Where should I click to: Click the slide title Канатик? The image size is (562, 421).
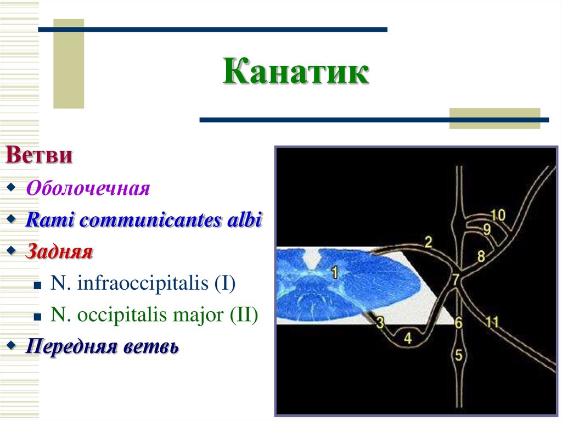pyautogui.click(x=296, y=73)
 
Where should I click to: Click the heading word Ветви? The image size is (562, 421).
pyautogui.click(x=39, y=155)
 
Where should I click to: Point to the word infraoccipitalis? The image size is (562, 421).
pyautogui.click(x=148, y=284)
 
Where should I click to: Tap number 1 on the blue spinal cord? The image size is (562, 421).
pyautogui.click(x=334, y=271)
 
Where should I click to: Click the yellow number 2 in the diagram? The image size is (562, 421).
pyautogui.click(x=428, y=242)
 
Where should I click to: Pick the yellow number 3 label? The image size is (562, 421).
pyautogui.click(x=380, y=322)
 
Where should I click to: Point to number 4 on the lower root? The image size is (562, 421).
pyautogui.click(x=407, y=338)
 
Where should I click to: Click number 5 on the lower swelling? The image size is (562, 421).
pyautogui.click(x=459, y=355)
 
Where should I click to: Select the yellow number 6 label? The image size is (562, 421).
pyautogui.click(x=458, y=323)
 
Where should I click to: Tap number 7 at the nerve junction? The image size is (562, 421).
pyautogui.click(x=456, y=279)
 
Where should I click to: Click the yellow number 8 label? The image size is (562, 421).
pyautogui.click(x=481, y=255)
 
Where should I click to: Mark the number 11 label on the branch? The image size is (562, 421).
pyautogui.click(x=492, y=322)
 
